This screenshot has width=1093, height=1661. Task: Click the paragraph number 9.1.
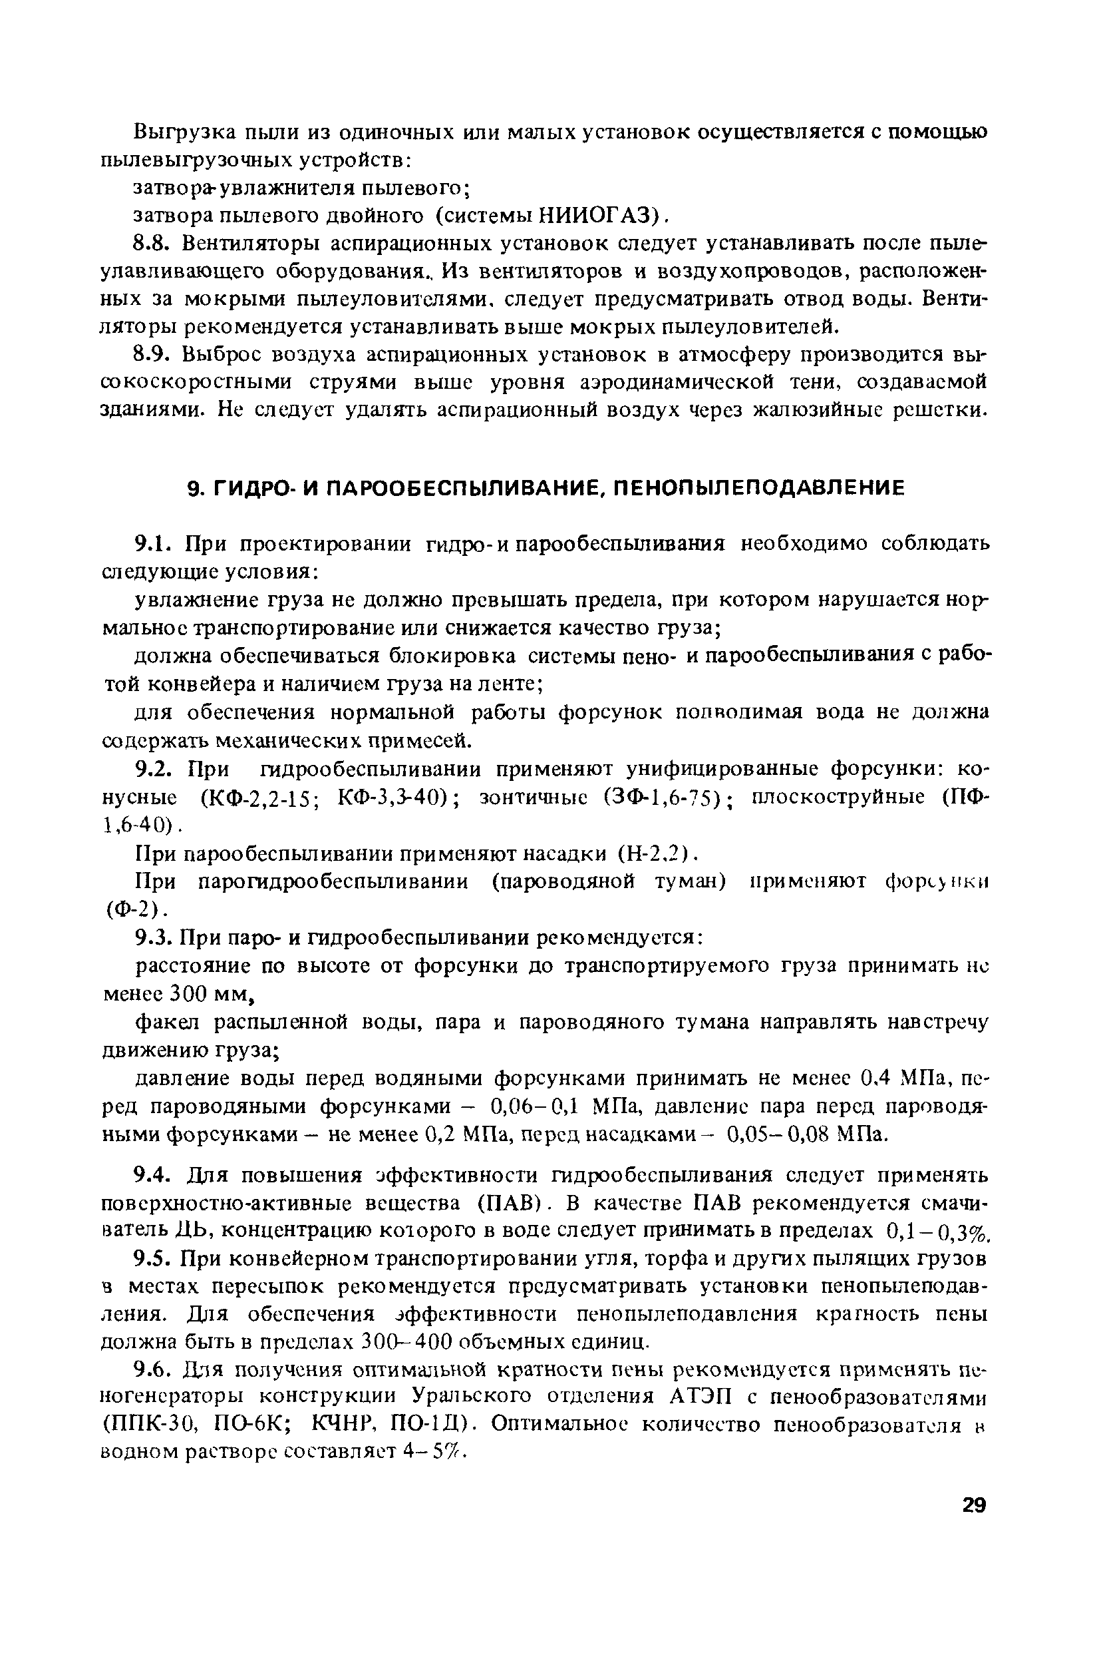tap(152, 543)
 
